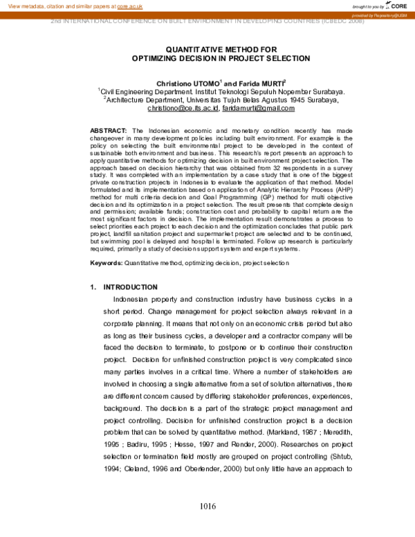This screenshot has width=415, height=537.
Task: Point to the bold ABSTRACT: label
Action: pos(109,131)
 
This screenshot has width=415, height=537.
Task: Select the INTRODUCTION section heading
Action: pos(130,286)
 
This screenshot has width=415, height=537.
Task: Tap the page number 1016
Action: pos(207,507)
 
